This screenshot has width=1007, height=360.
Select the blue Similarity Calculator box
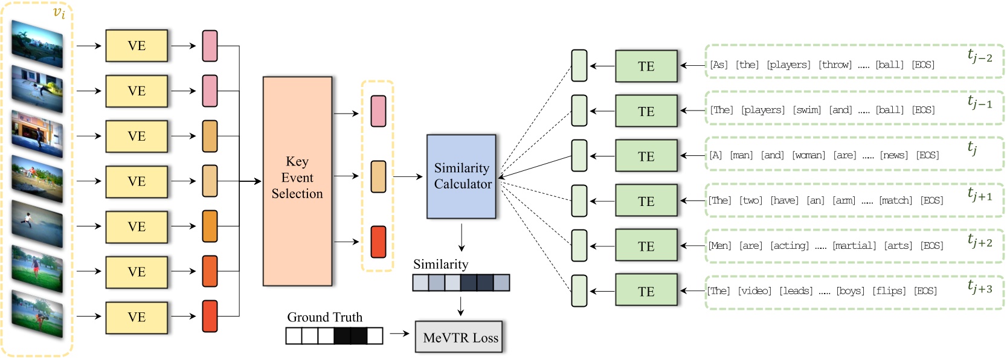coord(462,176)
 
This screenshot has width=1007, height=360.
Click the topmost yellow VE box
coord(137,45)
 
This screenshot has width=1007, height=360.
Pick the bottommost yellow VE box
coord(137,317)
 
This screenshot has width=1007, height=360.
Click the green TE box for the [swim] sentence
coord(646,111)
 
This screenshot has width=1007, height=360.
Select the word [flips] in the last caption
coord(889,291)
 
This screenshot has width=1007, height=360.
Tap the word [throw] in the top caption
coord(835,65)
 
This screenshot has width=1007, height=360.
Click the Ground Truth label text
coord(324,317)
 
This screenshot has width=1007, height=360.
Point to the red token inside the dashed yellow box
coord(378,242)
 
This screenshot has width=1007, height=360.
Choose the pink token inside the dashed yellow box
coord(378,111)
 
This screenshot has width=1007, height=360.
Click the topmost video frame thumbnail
coord(37,44)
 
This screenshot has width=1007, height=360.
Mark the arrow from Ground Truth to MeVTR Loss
coord(399,333)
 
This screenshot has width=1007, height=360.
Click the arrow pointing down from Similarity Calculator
coord(462,237)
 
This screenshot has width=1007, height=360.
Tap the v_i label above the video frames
coord(59,13)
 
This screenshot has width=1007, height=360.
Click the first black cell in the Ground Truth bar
coord(342,335)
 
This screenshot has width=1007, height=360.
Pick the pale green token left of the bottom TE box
coord(579,291)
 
